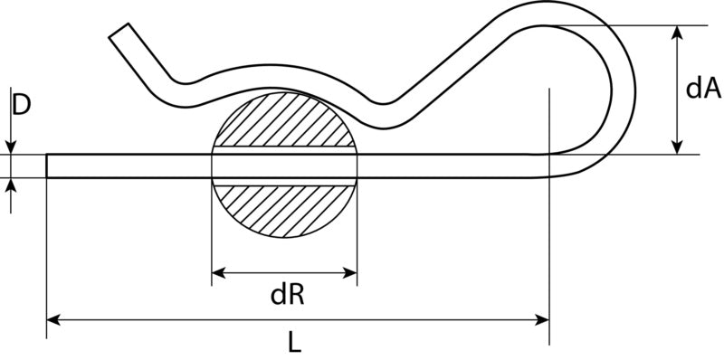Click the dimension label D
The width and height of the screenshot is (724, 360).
coord(21,105)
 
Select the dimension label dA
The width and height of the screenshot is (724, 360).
coord(703,89)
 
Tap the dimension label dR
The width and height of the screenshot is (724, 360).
coord(287,296)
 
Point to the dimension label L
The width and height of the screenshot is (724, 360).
coord(295,343)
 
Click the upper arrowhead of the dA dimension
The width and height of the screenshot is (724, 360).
coord(677,33)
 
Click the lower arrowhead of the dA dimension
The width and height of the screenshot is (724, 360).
coord(677,147)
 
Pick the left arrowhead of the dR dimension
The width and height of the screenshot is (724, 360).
coord(219,273)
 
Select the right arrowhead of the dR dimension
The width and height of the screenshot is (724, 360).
coord(349,273)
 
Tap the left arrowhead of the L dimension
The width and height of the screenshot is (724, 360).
coord(54,319)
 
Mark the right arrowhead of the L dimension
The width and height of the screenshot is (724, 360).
coord(541,319)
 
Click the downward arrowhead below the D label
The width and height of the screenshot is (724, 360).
coord(11,147)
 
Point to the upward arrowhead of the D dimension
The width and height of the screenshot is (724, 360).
coord(11,185)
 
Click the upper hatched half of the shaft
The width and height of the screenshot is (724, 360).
coord(284,121)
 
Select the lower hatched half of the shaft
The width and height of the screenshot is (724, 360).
coord(284,210)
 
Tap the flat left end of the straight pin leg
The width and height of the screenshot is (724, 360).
coord(47,166)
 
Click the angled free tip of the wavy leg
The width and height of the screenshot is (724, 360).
coord(119,31)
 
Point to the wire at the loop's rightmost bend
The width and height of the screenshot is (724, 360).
coord(624,92)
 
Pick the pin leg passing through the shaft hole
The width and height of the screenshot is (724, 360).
coord(284,166)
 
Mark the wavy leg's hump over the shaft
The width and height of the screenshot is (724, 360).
coord(277,76)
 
